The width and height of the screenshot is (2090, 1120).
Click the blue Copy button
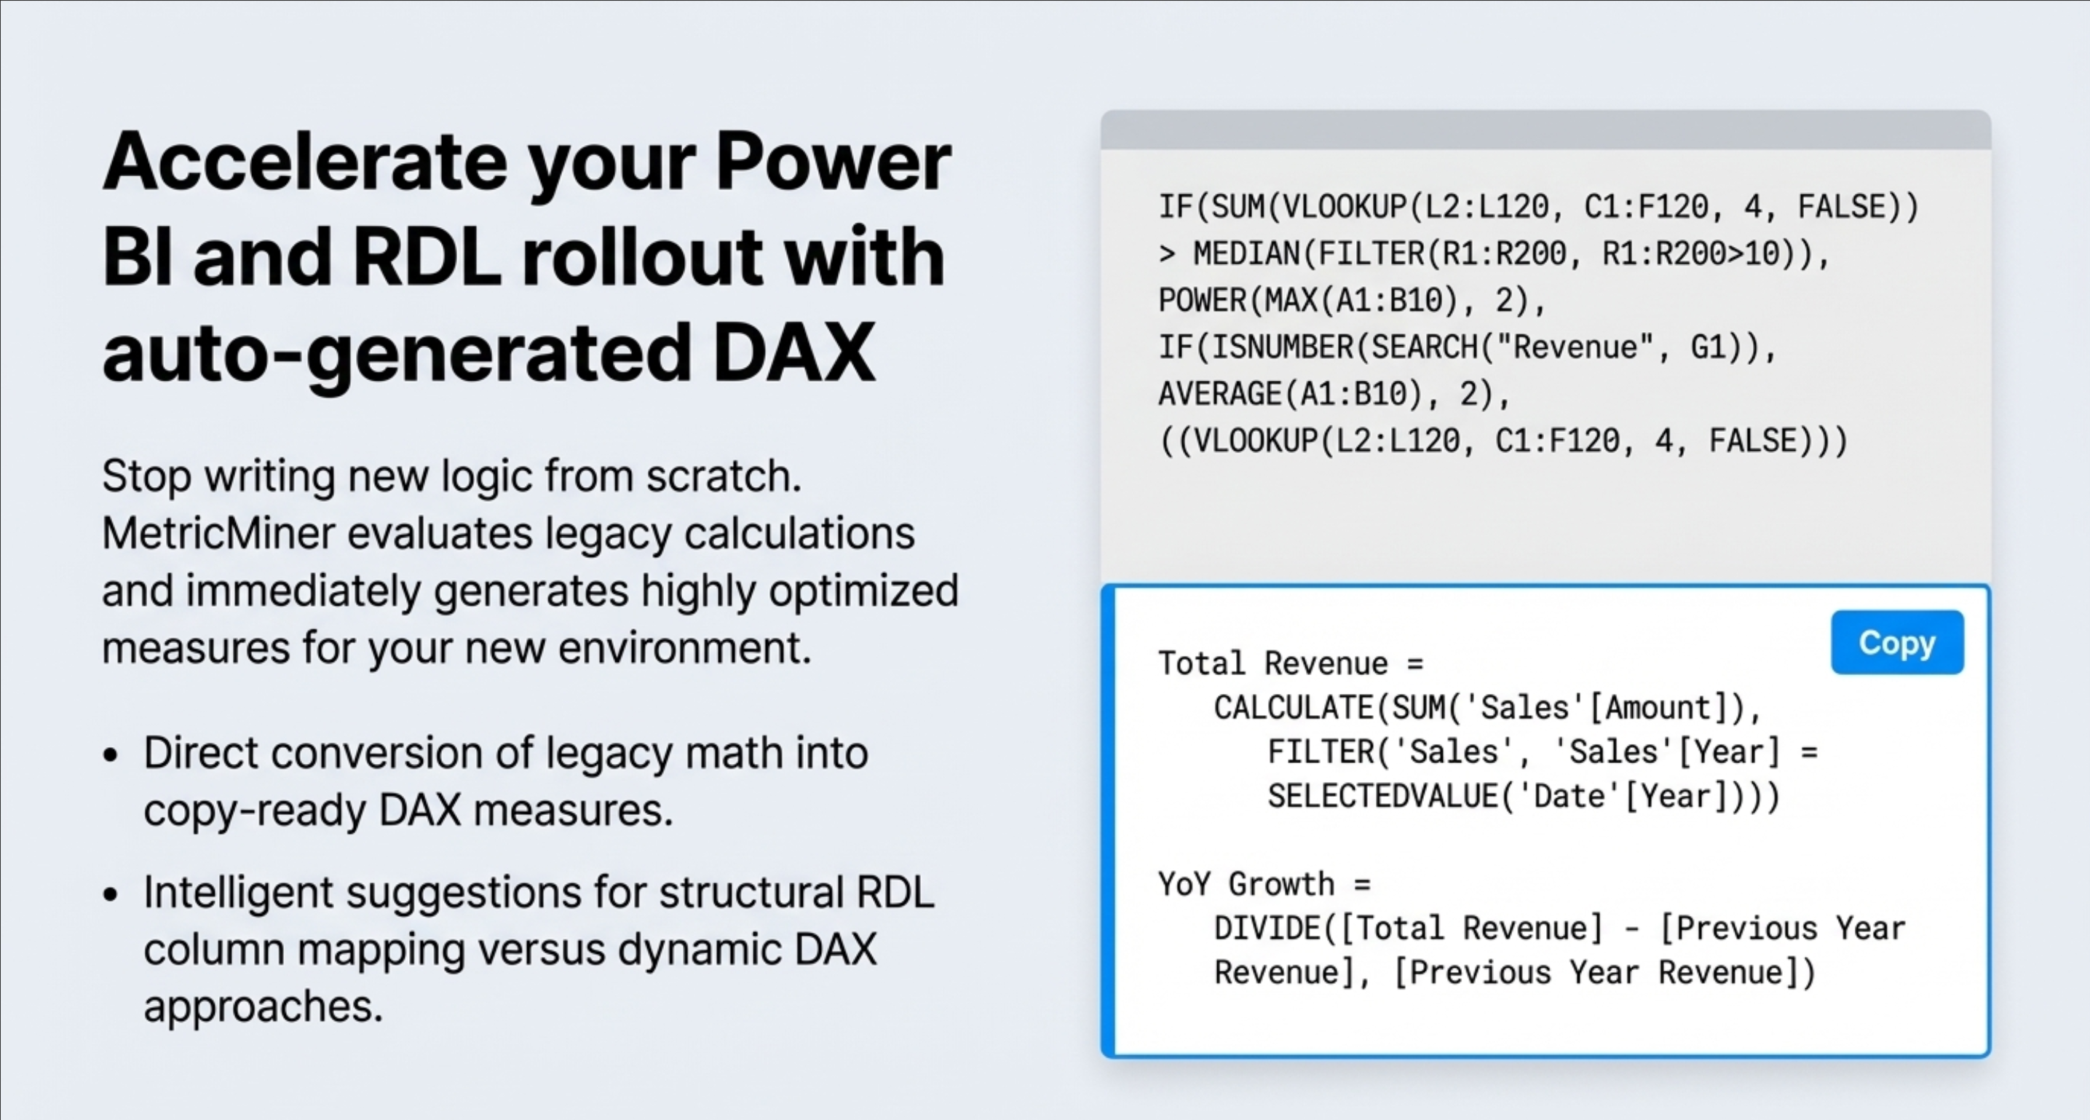click(1897, 642)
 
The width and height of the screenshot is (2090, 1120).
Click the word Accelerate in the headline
click(305, 161)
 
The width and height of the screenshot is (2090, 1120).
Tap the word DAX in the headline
click(793, 352)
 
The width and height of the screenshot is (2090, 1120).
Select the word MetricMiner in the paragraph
click(218, 533)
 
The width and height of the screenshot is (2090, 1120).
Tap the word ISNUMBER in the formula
click(1282, 347)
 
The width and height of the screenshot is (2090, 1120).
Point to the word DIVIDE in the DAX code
click(1267, 928)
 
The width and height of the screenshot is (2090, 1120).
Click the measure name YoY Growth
click(1246, 884)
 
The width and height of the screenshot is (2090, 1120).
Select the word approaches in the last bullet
click(263, 1007)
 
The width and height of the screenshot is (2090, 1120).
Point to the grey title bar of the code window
click(1545, 130)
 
